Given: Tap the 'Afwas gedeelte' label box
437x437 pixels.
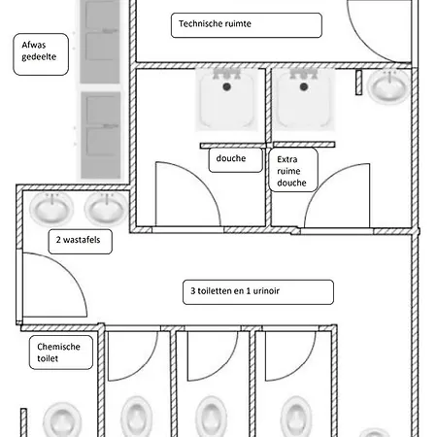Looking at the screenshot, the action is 41,54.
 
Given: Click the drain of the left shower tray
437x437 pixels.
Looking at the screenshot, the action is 227,86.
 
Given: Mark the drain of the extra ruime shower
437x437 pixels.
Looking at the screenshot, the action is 304,86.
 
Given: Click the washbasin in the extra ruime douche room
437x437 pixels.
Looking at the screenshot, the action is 388,86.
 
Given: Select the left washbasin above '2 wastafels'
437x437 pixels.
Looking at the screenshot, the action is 51,209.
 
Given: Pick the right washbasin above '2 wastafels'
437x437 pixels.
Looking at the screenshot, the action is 107,209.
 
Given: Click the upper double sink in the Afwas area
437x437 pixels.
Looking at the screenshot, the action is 100,42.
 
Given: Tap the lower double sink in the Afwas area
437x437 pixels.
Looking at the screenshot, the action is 101,135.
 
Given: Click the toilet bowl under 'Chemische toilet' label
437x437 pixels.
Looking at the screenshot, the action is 62,420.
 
